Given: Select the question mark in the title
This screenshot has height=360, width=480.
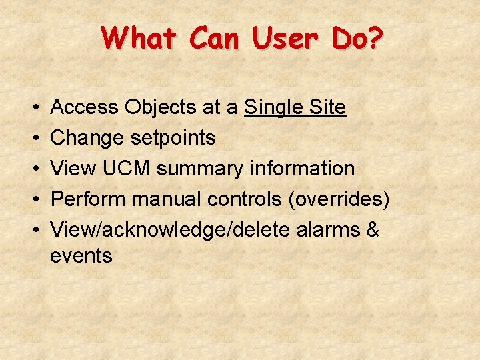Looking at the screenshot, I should pos(375,39).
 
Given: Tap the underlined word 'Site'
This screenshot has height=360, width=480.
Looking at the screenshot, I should pos(327,107).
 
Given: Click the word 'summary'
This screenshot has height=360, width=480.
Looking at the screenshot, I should pos(200,169).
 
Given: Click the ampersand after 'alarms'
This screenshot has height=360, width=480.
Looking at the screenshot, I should pos(373,230).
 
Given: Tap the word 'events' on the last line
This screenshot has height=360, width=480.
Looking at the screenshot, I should pos(81,255).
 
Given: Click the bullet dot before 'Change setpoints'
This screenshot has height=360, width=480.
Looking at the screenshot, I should pos(33,139).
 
